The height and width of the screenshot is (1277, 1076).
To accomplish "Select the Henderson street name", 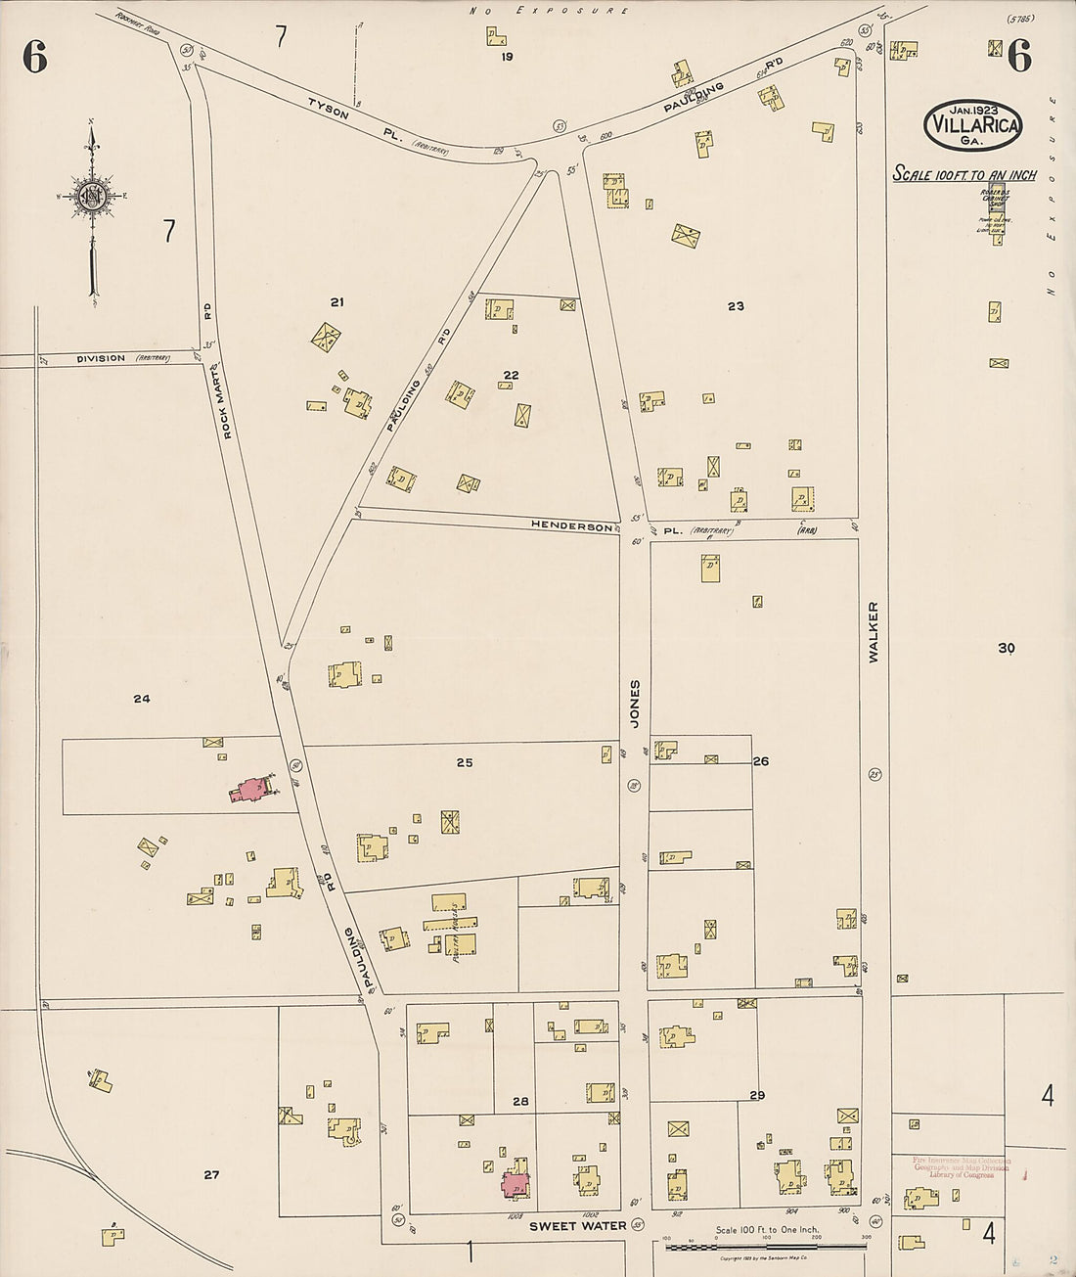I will tap(572, 525).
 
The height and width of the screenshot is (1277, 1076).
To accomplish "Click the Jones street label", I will tap(635, 704).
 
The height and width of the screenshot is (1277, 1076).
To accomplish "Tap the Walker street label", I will tap(873, 632).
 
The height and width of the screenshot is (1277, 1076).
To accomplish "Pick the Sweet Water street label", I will tap(577, 1225).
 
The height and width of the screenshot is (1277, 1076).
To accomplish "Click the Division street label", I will tap(102, 358).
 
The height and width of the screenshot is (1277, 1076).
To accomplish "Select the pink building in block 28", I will tap(516, 1184).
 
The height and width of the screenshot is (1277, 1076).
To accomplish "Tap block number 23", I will tap(736, 306).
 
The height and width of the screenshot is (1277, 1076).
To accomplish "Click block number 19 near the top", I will tap(507, 57).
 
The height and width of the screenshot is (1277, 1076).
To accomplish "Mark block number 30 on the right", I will tap(1007, 648).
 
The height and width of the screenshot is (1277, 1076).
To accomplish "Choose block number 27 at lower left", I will tap(211, 1174).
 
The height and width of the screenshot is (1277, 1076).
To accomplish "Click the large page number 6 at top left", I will tap(34, 59).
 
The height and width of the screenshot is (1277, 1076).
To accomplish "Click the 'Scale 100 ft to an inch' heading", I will tap(964, 175).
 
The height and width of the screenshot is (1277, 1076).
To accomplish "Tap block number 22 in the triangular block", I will tap(511, 375).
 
